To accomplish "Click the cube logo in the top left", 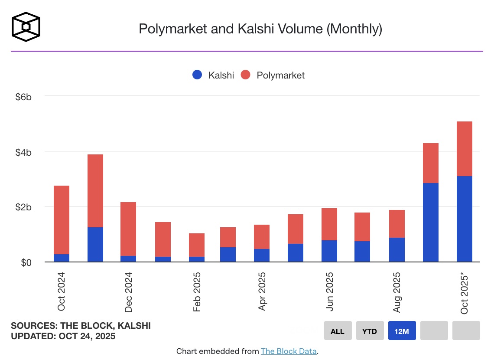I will tap(26, 27).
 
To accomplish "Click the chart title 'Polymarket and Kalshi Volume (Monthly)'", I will tap(260, 29).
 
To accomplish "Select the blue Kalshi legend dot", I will tap(197, 75).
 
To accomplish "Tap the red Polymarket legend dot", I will tap(246, 75).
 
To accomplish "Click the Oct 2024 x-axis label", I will tap(62, 291).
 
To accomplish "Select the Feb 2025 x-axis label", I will tap(197, 292).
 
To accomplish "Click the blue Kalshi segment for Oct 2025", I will tap(465, 219).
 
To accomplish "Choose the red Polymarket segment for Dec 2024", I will tap(129, 229).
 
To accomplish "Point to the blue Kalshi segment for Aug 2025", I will tap(397, 250).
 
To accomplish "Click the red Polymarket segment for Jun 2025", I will tap(329, 224).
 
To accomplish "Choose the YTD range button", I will tap(370, 331).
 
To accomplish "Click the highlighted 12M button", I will tap(402, 331).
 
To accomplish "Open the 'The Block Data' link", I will tap(289, 351).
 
